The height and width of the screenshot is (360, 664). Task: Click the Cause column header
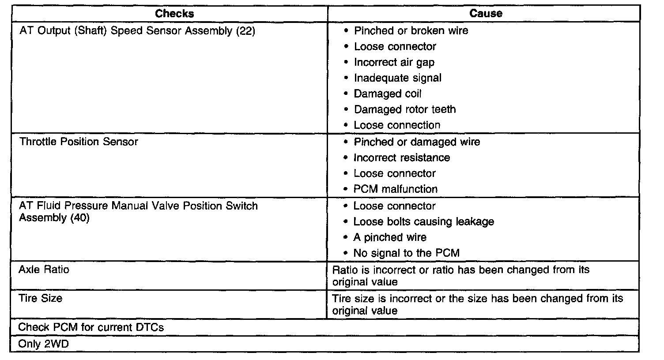click(486, 13)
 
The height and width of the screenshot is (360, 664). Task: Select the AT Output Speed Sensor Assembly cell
click(137, 31)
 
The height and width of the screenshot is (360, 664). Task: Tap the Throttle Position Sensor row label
click(79, 142)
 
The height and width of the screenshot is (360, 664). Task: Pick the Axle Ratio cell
click(44, 269)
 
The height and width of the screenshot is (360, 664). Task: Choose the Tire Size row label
click(41, 298)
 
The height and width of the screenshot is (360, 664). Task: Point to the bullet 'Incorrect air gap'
click(394, 62)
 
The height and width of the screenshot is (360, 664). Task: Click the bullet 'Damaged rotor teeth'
click(404, 109)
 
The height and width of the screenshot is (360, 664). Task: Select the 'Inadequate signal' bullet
click(397, 78)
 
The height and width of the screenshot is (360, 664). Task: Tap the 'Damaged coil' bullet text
click(388, 94)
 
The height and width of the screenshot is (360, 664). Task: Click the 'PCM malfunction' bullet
click(396, 189)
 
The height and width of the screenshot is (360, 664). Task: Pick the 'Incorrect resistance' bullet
click(402, 157)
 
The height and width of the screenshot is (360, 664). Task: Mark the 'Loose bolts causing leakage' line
click(423, 221)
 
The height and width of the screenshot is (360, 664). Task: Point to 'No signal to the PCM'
click(406, 253)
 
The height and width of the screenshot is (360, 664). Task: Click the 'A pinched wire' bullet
click(390, 237)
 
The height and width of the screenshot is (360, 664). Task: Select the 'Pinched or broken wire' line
click(411, 30)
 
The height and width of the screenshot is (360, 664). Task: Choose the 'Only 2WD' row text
click(44, 344)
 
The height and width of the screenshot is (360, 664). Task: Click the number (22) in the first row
click(246, 31)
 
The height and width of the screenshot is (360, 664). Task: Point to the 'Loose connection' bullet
click(397, 125)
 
